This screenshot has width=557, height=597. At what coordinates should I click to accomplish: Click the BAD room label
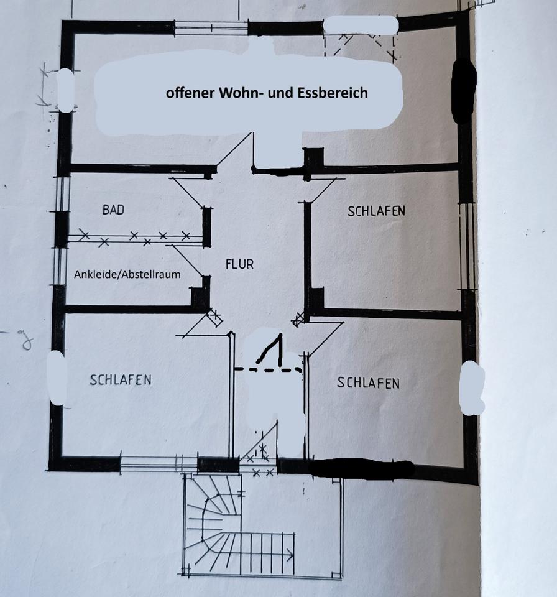click(x=113, y=210)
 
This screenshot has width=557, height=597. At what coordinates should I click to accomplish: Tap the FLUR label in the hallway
click(x=239, y=264)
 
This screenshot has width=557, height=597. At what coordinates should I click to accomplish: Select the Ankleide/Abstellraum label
click(x=127, y=274)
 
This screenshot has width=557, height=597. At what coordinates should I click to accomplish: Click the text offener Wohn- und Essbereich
click(x=267, y=93)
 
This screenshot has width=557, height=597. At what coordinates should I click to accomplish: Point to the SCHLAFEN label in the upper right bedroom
click(x=376, y=211)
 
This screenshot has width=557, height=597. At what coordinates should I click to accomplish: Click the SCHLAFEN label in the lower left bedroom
click(x=121, y=379)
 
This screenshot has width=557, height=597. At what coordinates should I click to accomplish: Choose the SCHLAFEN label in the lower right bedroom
click(x=368, y=382)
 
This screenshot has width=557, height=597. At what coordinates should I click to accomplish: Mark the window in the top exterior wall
click(x=211, y=27)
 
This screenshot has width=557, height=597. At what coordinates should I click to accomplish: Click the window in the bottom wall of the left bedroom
click(x=159, y=464)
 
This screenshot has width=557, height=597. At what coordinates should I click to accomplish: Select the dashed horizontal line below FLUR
click(x=268, y=369)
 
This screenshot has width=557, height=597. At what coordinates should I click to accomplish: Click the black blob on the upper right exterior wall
click(x=463, y=91)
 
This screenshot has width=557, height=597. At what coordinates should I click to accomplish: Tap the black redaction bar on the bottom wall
click(x=362, y=470)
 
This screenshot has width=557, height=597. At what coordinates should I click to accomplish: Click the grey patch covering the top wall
click(x=361, y=25)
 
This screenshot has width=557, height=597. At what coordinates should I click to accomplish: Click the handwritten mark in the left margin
click(x=25, y=341)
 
